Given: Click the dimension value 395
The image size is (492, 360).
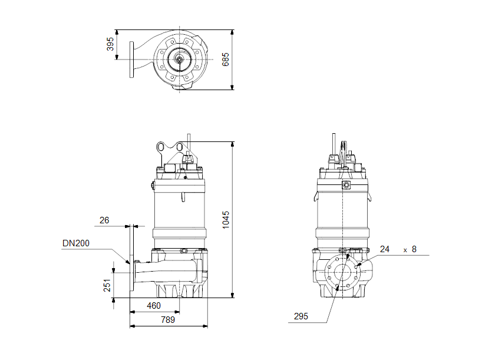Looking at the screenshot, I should click(x=110, y=44).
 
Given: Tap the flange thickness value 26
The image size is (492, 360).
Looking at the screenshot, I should click(x=104, y=220).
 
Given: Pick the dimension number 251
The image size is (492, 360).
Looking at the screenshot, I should click(x=107, y=285).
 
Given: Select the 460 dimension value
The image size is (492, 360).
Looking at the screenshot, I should click(x=154, y=306).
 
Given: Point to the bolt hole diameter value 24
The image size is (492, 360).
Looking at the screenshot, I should click(x=385, y=249).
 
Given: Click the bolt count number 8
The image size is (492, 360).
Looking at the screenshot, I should click(x=414, y=249).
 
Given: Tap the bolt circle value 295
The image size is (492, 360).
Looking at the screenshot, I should click(x=301, y=316).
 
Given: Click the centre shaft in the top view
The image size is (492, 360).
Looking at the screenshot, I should click(x=178, y=59).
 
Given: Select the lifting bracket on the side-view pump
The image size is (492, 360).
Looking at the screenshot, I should click(x=167, y=151).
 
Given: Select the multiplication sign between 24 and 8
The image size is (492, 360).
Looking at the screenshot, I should click(x=405, y=250).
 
